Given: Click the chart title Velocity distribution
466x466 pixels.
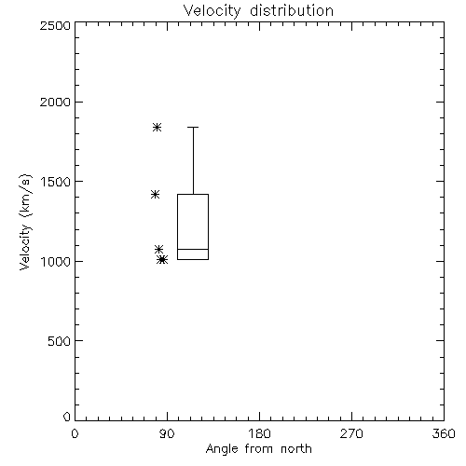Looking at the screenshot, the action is (x=258, y=11).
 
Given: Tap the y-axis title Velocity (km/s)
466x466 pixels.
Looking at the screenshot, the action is (x=25, y=222).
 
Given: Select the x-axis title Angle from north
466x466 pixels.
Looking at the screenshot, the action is (x=258, y=449).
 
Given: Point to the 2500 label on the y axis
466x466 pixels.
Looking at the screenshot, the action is (x=55, y=25).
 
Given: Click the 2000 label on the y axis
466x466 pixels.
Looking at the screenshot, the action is (x=55, y=102).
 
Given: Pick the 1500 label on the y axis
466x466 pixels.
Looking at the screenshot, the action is (x=56, y=182).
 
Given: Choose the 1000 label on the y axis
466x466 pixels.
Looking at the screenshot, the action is (x=56, y=261).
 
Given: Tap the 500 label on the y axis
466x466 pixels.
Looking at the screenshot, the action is (x=59, y=341).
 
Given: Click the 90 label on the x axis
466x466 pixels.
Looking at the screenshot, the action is (x=167, y=433).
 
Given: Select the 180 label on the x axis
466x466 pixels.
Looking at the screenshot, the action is (x=259, y=433).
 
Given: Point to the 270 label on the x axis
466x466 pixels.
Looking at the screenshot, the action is (x=351, y=433).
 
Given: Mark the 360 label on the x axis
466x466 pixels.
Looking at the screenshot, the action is (x=444, y=433).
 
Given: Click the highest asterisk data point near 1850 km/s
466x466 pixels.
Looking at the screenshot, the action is (x=158, y=127).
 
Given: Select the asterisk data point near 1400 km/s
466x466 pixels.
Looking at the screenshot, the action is (x=156, y=195).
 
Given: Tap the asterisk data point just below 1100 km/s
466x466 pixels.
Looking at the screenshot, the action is (x=159, y=249).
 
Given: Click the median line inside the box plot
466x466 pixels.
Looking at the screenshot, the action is (x=193, y=249).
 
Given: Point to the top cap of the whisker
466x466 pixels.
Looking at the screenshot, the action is (x=193, y=127).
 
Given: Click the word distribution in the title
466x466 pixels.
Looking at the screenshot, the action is (x=292, y=11).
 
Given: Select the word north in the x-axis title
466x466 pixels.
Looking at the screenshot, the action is (x=296, y=449).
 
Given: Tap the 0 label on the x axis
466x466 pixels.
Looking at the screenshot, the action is (x=75, y=433).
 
